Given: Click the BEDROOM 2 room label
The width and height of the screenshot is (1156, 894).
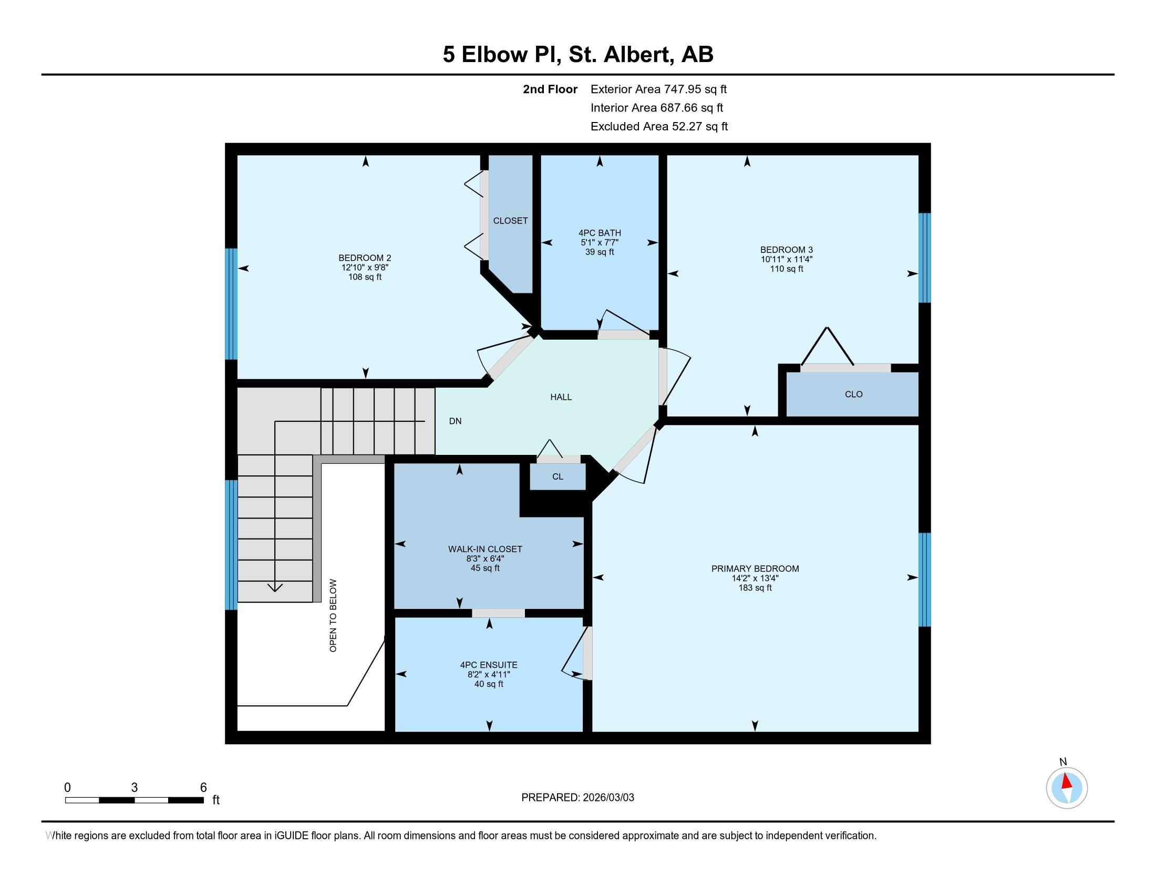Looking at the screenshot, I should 365,258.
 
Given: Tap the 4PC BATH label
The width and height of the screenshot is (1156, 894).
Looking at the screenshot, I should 599,233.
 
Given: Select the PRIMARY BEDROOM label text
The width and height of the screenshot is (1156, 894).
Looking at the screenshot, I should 755,568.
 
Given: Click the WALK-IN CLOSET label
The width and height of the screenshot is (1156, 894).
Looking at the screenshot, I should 485,549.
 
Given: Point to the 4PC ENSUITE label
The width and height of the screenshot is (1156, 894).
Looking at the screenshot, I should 489,665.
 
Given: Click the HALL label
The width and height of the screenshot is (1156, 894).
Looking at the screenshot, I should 561,397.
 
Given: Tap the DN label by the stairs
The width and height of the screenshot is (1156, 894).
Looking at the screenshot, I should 455,421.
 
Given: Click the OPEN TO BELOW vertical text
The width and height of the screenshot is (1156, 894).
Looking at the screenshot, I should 333,615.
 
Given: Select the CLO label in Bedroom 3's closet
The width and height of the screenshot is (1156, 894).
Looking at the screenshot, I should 853,394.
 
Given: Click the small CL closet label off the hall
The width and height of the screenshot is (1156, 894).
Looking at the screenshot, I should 558,476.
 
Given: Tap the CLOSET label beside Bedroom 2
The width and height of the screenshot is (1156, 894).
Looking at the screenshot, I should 510,221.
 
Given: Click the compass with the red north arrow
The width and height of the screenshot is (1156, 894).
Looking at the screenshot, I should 1067,788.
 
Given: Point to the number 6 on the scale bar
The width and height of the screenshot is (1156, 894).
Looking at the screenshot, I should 203,788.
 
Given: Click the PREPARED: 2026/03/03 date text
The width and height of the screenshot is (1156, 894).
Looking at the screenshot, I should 577,798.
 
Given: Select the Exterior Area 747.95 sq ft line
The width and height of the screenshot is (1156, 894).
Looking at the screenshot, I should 658,89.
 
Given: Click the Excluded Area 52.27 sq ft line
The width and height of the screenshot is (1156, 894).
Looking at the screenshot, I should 659,127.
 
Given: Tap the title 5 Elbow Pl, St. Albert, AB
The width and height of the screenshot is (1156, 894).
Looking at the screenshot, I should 578,54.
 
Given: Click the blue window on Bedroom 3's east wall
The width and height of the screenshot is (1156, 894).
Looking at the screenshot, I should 924,258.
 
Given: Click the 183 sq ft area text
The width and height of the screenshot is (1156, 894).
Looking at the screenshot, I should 755,588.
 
